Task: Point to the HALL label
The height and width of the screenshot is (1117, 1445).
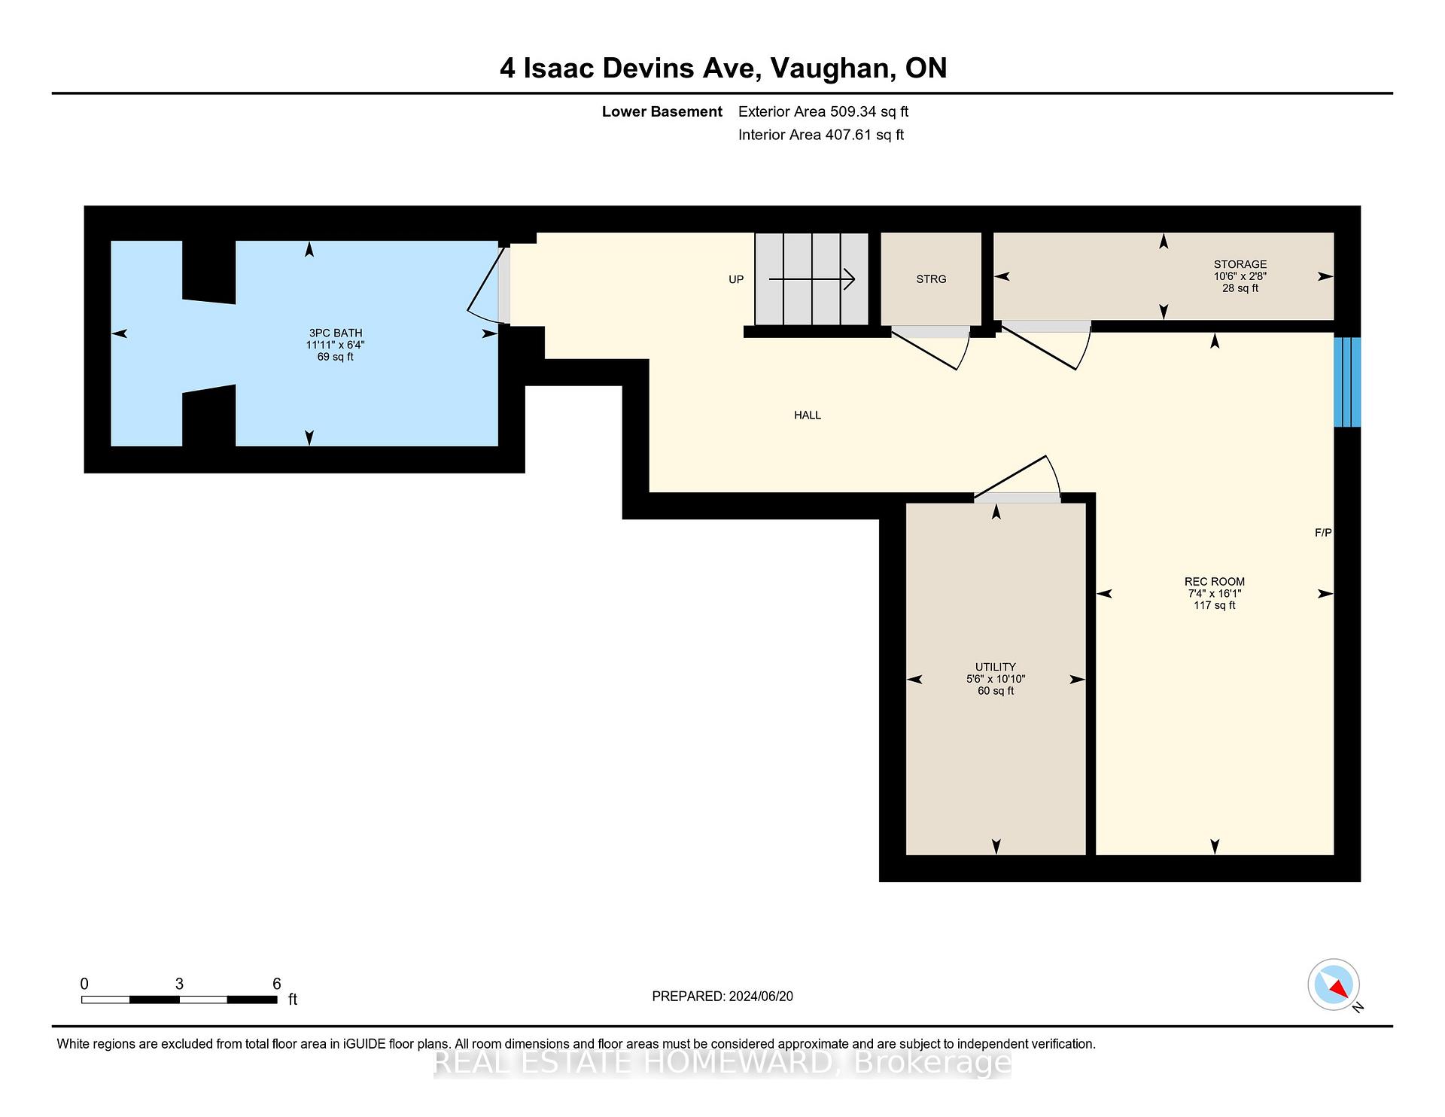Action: point(807,415)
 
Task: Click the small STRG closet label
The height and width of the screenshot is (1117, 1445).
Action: point(931,279)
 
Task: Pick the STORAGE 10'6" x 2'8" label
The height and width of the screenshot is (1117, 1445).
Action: point(1240,275)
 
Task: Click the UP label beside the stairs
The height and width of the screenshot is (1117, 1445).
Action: point(735,279)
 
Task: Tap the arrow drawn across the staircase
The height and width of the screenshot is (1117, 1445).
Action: point(811,279)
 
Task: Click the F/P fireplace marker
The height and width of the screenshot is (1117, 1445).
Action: point(1322,532)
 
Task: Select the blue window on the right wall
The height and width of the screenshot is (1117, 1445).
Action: point(1346,382)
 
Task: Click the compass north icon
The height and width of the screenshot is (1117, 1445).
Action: point(1333,985)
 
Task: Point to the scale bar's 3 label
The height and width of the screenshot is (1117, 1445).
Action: point(179,984)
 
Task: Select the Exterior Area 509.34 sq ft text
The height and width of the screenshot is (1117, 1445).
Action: point(823,112)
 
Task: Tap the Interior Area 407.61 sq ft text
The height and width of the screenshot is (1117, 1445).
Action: point(820,135)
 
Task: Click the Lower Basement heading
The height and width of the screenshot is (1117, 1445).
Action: point(662,112)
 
